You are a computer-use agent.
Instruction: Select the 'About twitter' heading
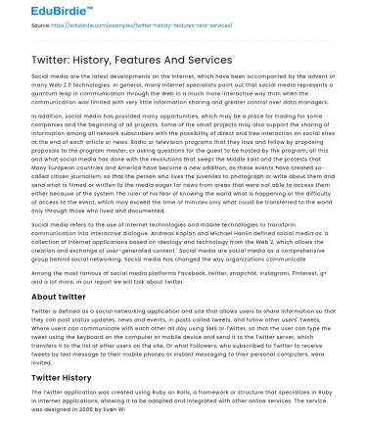pos(59,296)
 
